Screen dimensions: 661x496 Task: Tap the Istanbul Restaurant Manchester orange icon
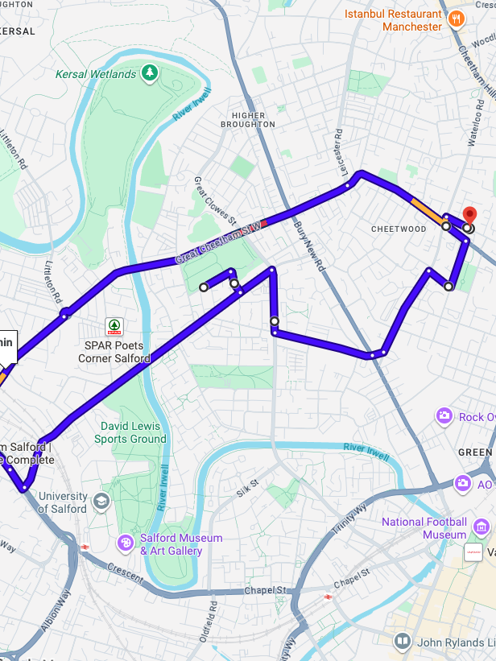pos(457,19)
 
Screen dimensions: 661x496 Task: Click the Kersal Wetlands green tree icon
pos(149,73)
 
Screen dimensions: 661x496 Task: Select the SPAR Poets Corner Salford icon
pos(114,327)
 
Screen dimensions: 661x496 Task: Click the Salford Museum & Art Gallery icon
pos(126,543)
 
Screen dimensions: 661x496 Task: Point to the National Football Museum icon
pos(482,527)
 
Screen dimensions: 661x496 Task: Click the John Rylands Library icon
pos(403,642)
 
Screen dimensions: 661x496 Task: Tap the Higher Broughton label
pos(247,120)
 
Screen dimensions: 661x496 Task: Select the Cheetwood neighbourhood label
pos(399,229)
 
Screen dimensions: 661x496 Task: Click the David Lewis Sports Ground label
pos(130,432)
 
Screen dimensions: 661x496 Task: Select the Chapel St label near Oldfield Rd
pos(265,591)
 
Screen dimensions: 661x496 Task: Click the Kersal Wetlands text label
pos(96,74)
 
